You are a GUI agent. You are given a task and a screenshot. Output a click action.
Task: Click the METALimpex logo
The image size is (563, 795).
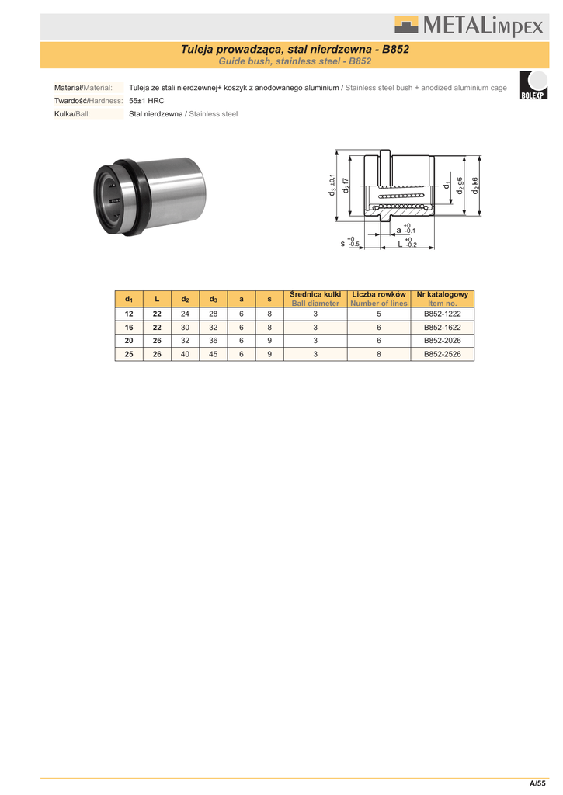[x=469, y=26]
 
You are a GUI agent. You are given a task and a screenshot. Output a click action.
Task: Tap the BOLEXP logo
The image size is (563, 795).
[x=533, y=85]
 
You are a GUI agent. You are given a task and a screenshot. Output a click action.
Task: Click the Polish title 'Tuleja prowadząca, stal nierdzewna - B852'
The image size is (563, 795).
[x=294, y=49]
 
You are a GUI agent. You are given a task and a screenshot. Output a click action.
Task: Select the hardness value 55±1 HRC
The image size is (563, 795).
[x=147, y=101]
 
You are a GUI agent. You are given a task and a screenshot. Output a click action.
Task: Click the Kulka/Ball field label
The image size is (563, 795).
[x=72, y=114]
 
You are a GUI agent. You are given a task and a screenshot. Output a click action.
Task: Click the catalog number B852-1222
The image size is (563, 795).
[x=443, y=314]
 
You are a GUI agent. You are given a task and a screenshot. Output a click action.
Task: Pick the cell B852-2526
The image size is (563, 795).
[x=443, y=354]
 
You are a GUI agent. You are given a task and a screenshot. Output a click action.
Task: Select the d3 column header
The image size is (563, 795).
[x=213, y=299]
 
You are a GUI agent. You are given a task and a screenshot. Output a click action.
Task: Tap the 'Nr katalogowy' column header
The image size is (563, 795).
[x=443, y=294]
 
